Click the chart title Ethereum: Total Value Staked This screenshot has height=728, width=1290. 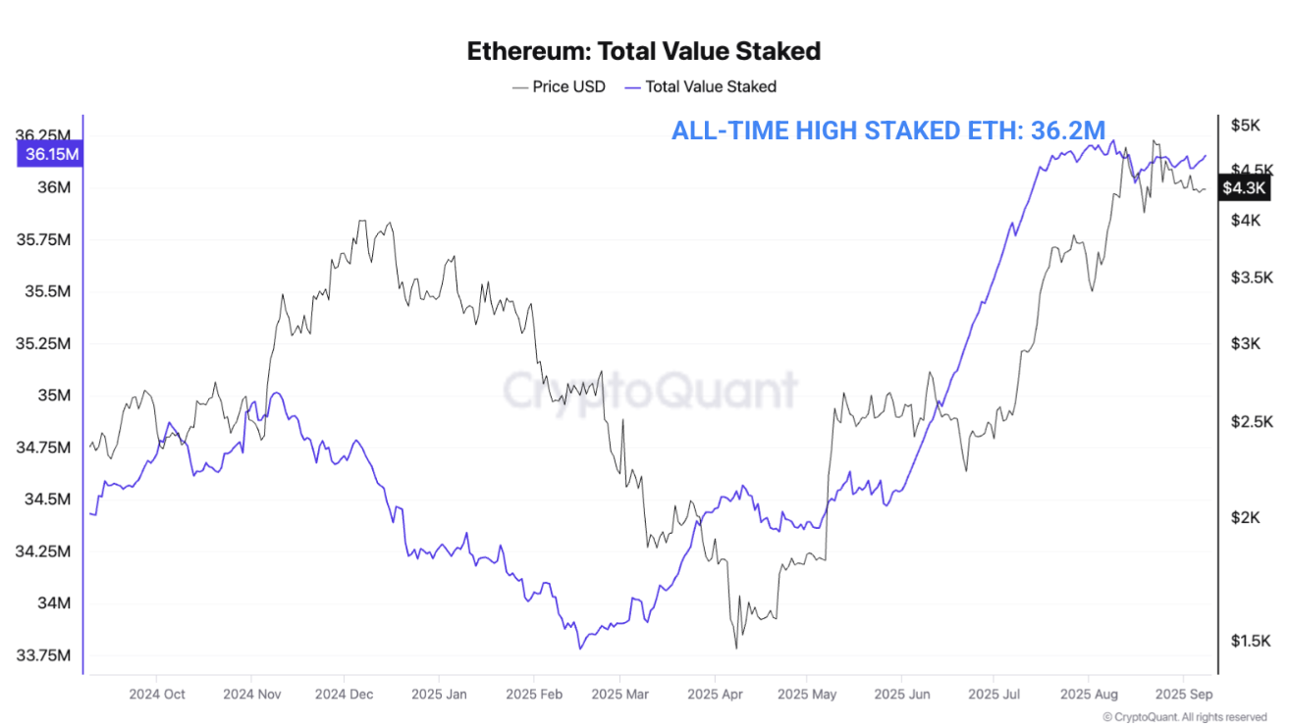[643, 51]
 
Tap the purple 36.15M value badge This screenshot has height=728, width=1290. [52, 154]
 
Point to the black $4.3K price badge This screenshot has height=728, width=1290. [1244, 187]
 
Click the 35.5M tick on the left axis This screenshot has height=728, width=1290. [43, 292]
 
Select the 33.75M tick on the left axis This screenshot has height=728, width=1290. [43, 655]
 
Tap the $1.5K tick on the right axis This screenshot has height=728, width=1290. [1250, 641]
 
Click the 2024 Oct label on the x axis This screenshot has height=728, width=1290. [157, 695]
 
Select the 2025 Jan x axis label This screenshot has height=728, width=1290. [440, 695]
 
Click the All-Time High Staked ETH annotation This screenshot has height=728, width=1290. [888, 130]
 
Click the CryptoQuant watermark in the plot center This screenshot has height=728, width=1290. [650, 390]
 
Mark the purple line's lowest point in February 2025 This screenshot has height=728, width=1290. [580, 649]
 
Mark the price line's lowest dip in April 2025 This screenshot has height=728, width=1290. [735, 648]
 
